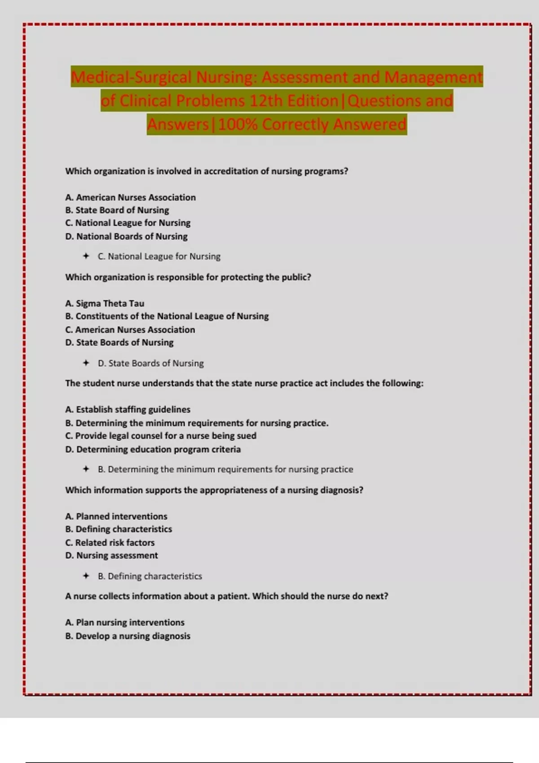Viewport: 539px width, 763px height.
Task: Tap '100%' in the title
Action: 238,124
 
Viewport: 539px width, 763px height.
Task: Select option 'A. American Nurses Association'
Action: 130,197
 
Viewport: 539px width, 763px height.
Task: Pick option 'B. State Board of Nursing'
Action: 117,210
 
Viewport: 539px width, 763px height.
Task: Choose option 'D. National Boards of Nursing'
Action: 126,237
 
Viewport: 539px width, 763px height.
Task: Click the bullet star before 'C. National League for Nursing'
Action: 86,256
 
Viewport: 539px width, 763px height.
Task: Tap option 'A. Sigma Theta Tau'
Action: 105,303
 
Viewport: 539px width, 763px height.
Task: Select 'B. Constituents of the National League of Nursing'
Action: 167,316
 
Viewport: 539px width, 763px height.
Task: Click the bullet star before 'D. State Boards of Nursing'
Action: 86,363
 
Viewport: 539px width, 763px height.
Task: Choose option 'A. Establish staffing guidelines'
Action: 128,409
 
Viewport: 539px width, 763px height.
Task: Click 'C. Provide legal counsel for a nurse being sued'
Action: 161,436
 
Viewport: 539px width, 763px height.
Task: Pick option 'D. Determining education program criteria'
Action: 153,449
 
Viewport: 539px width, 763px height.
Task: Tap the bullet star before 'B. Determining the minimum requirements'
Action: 86,469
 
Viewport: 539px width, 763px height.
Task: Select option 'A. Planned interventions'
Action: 116,516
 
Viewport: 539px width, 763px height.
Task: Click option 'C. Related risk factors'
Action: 110,543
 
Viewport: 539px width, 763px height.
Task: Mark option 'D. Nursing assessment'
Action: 111,556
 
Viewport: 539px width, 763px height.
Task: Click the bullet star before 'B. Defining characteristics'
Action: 86,576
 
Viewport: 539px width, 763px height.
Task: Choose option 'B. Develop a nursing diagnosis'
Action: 128,636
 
